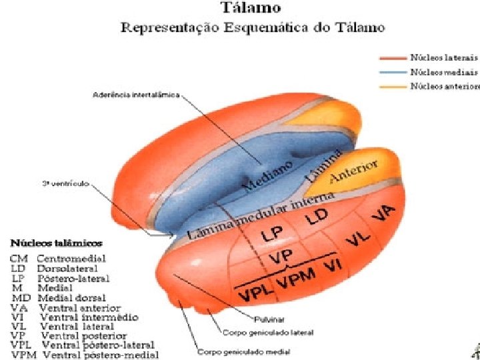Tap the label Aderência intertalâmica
click(x=136, y=95)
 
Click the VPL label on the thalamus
click(x=253, y=291)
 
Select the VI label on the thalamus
click(x=332, y=268)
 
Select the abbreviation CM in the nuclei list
click(x=19, y=258)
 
